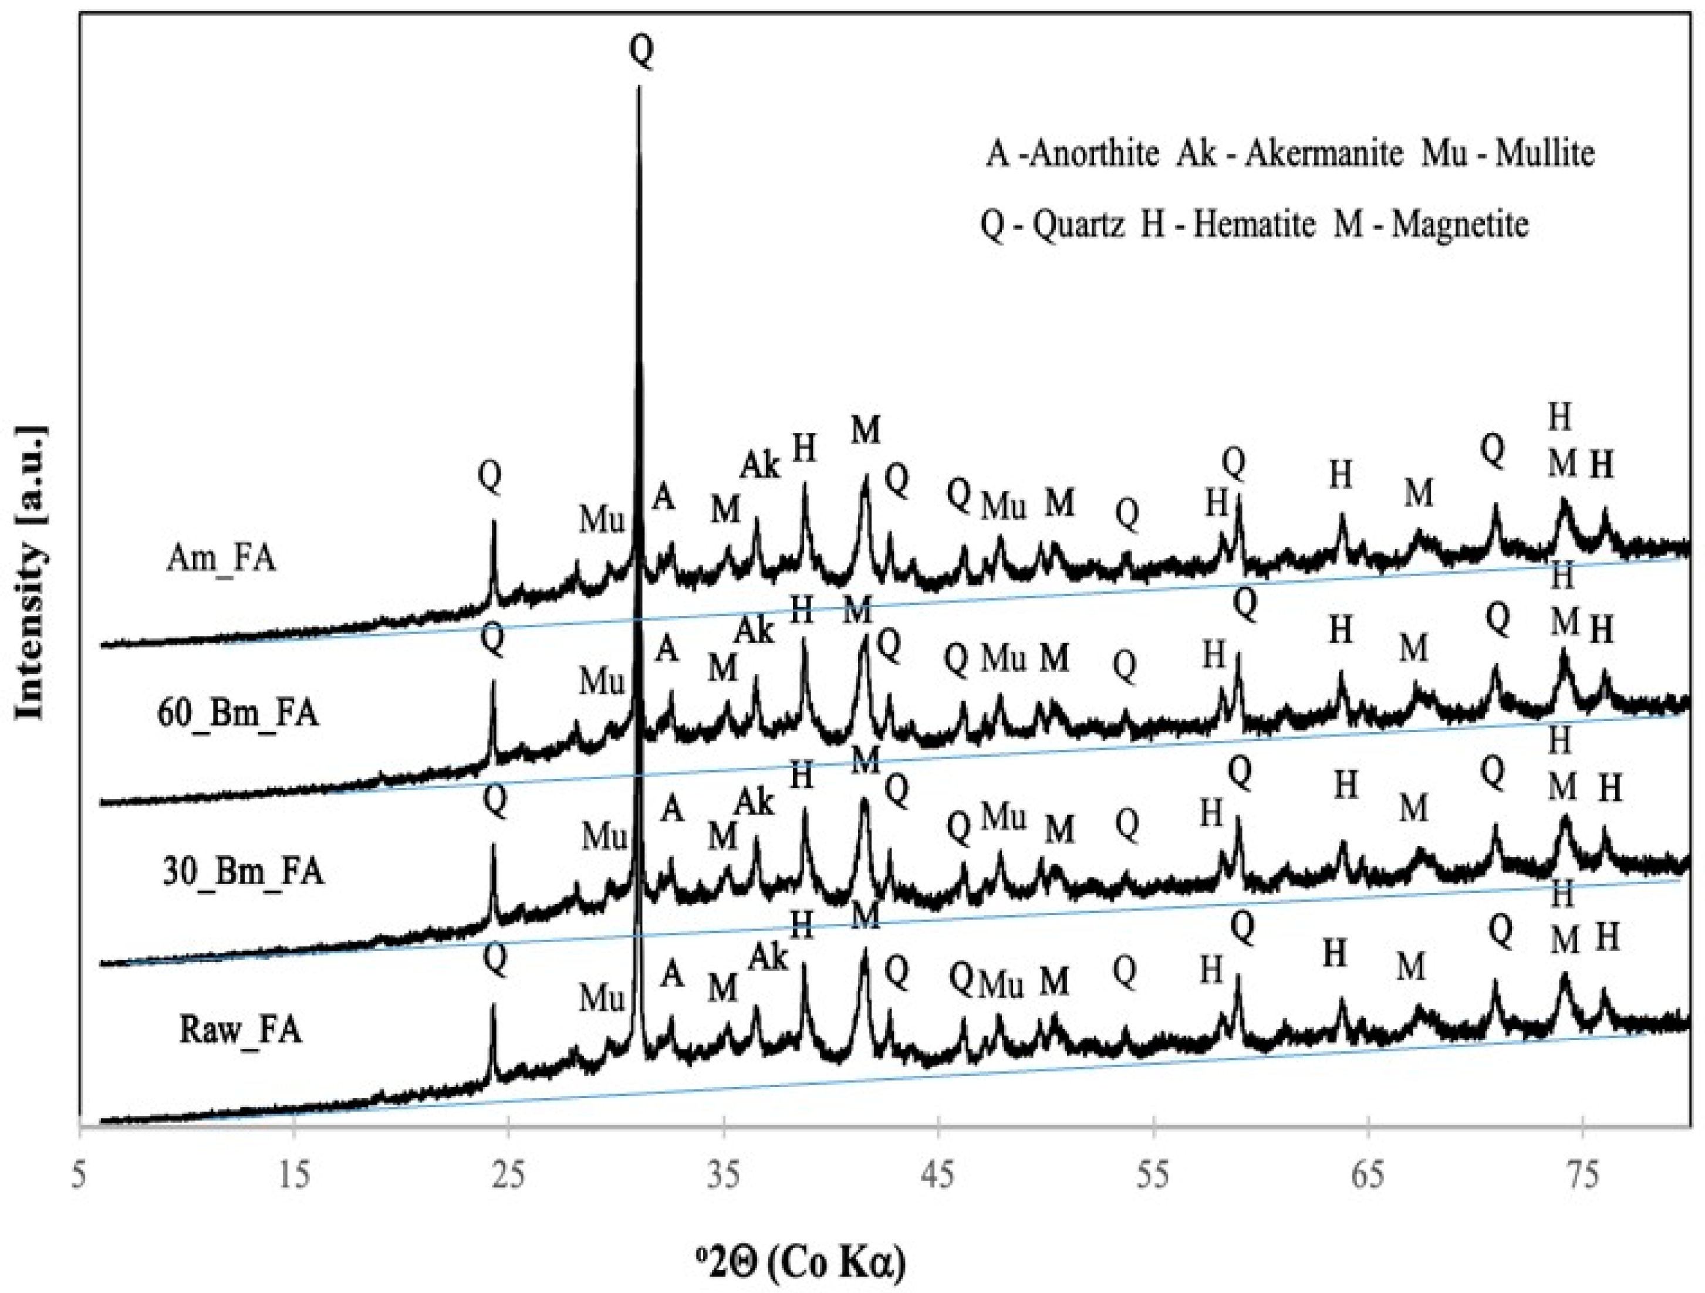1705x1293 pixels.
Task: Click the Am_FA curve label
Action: click(221, 559)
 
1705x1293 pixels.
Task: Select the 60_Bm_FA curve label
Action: click(237, 713)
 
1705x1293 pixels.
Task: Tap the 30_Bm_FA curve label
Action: click(243, 872)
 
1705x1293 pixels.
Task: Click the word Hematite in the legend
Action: click(1254, 225)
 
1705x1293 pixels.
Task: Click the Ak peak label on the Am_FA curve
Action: click(760, 465)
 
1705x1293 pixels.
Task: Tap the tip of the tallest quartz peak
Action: click(638, 87)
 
